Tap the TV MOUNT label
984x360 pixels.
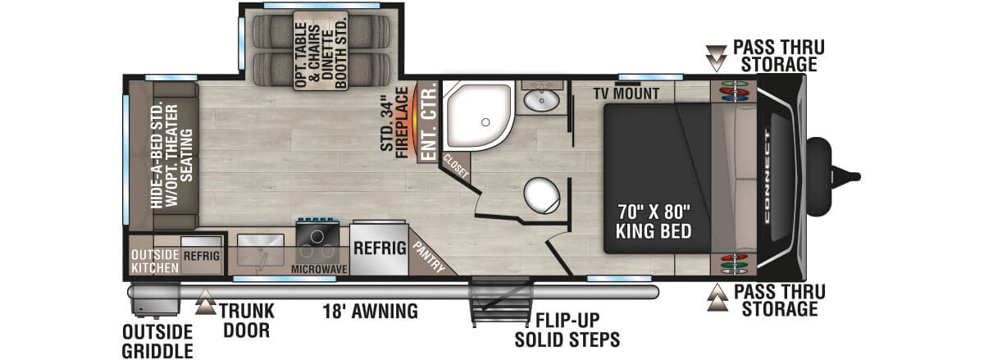627,93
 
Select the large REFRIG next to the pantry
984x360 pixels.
380,248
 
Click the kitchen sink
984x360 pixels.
260,251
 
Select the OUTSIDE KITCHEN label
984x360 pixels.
153,261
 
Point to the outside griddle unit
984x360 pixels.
153,300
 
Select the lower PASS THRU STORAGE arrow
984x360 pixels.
719,297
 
